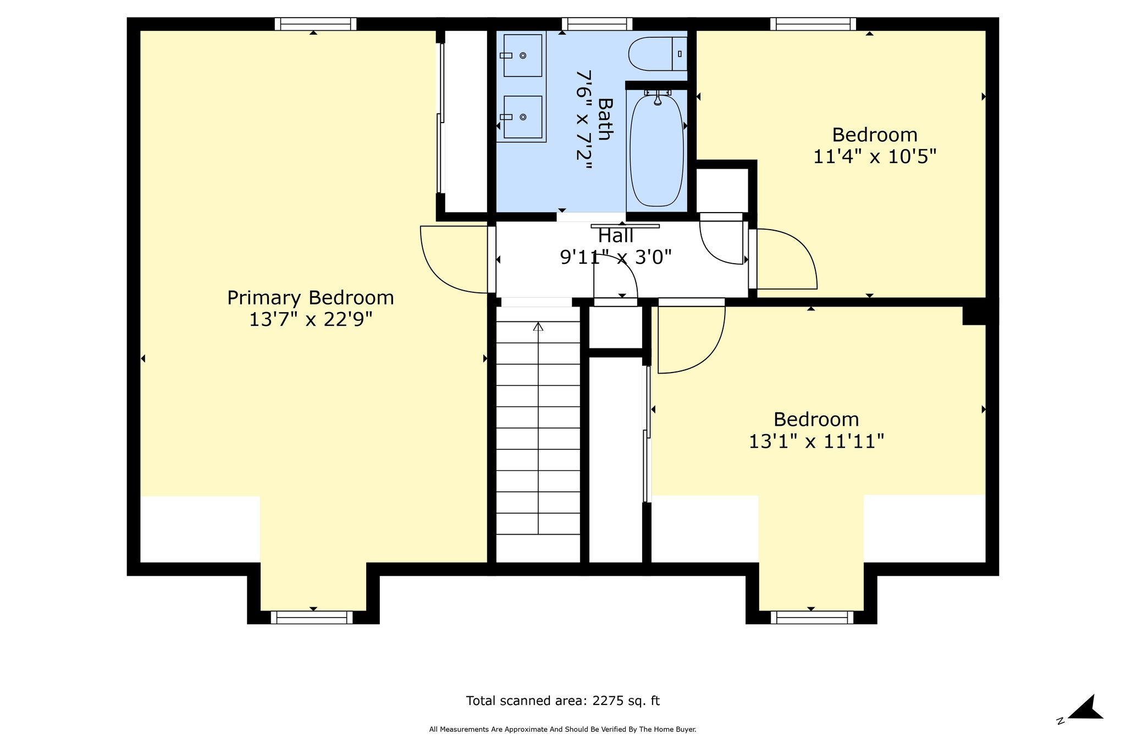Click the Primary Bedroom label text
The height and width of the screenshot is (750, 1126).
311,298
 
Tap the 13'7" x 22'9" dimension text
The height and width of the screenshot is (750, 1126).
311,320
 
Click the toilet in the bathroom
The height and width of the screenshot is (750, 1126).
658,54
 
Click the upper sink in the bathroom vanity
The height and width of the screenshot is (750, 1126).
522,55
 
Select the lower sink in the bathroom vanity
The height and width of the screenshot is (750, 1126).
522,117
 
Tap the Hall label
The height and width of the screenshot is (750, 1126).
616,236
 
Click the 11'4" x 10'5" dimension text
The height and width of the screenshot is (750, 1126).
874,157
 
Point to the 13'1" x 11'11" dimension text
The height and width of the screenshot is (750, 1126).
816,442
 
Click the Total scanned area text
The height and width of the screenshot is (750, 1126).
562,701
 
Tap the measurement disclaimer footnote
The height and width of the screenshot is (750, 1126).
562,730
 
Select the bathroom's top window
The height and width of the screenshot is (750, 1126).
597,24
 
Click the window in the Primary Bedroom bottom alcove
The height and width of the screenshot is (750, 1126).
312,618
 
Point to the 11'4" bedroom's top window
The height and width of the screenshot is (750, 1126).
813,24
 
